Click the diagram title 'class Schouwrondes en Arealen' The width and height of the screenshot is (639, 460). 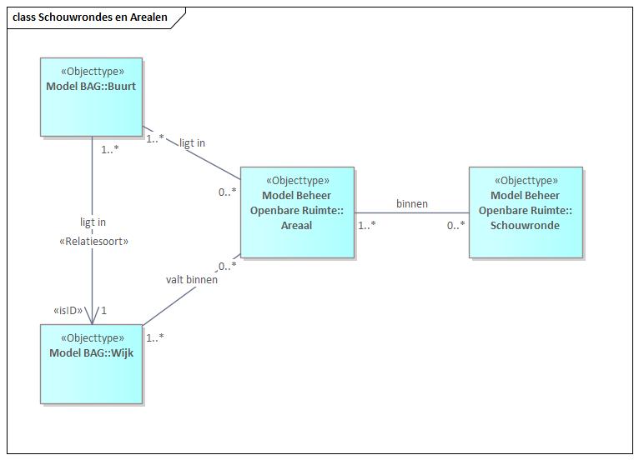coord(90,17)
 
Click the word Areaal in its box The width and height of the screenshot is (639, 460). coord(296,225)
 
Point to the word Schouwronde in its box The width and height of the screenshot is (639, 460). coord(526,225)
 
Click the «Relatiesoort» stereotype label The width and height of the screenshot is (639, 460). coord(92,241)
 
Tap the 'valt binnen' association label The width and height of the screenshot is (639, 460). coord(192,280)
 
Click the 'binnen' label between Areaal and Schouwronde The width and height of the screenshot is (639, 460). coord(412,203)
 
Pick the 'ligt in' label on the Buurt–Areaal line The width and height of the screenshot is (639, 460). coord(192,142)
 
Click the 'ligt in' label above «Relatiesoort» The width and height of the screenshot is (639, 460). coord(92,222)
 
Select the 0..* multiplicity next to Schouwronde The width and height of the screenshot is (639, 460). coord(455,225)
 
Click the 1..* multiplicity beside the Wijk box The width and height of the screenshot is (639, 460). coord(156,338)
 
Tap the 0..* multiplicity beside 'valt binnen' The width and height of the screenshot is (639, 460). coord(228,267)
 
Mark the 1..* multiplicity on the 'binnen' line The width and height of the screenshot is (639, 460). coord(367,225)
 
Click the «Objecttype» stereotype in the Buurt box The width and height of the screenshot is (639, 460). coord(92,72)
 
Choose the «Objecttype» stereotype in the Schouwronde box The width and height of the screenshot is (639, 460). coord(526,180)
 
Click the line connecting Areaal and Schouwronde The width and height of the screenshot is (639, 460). coord(411,212)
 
